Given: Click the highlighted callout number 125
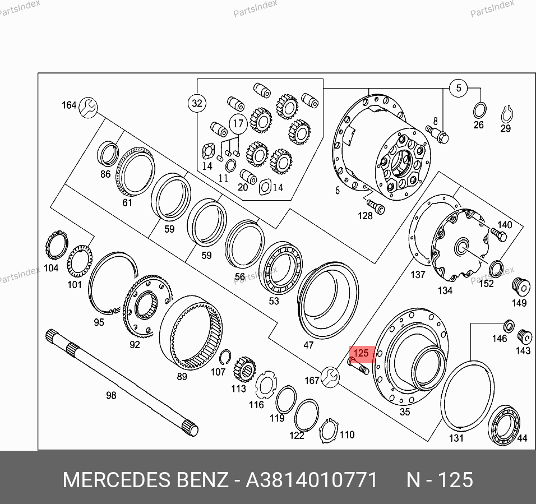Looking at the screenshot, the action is [361, 353].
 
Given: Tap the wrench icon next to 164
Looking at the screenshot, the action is [88, 107].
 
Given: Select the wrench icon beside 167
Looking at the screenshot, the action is [330, 377].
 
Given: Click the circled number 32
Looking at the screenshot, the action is [197, 103].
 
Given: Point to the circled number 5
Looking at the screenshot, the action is [459, 88].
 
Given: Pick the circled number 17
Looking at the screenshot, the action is [238, 124].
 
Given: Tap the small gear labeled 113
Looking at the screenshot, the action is [245, 369].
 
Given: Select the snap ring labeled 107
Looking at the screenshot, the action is [225, 358].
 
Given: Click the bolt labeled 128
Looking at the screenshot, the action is [376, 207].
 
